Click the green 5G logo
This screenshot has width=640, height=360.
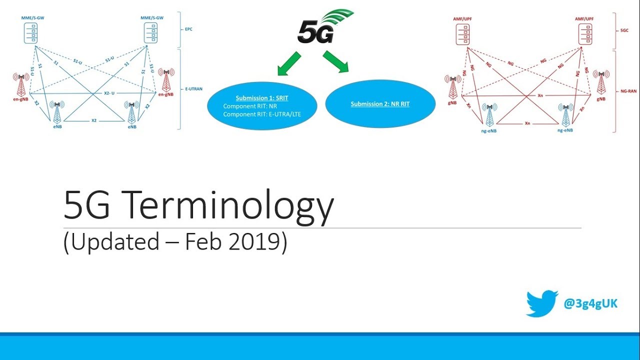320,27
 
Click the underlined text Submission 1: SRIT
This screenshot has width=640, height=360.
261,98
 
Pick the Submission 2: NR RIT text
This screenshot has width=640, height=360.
380,104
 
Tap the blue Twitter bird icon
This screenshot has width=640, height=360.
541,302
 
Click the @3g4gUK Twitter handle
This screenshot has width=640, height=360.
590,303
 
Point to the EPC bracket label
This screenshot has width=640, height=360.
188,29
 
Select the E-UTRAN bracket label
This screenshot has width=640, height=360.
192,88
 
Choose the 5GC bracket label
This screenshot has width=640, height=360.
623,30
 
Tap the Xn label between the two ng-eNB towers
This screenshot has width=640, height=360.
527,122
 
